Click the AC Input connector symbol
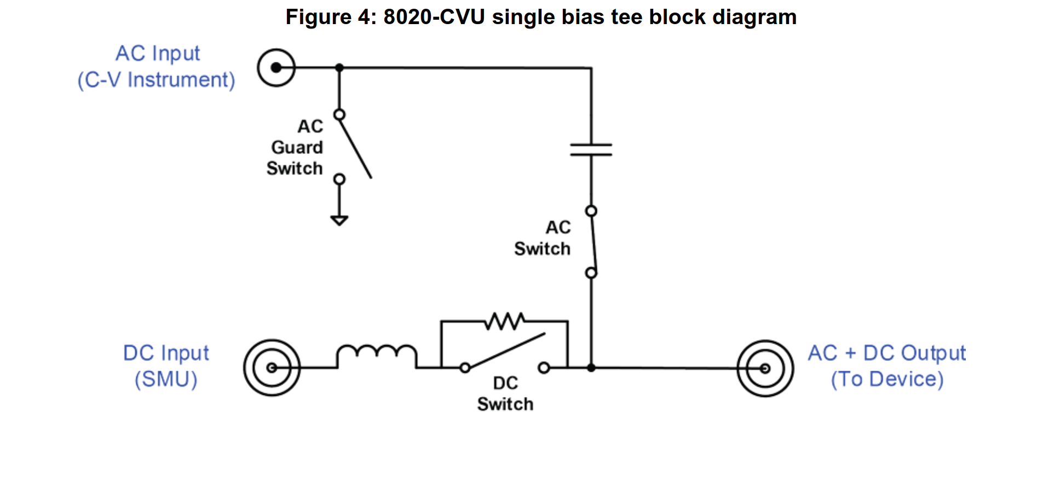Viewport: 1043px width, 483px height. [x=276, y=67]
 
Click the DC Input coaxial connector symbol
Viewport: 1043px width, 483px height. [x=272, y=367]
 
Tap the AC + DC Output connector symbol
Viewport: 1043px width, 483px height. [x=765, y=368]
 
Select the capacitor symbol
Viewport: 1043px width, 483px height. [x=591, y=150]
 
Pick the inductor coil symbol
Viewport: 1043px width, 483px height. [x=377, y=355]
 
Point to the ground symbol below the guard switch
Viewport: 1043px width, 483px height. [x=339, y=220]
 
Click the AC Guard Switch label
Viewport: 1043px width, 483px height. [x=296, y=147]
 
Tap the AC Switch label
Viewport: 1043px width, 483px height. [x=543, y=238]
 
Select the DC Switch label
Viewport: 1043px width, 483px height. [x=505, y=394]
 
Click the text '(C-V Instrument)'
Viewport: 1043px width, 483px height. [x=157, y=80]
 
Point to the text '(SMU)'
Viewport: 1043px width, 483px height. [x=166, y=379]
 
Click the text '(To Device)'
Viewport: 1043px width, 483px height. [x=887, y=379]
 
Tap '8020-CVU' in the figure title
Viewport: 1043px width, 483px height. [x=434, y=17]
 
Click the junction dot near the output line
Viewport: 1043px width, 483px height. [x=591, y=368]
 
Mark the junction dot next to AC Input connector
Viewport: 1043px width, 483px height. [x=339, y=67]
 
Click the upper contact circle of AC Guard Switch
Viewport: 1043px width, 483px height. [x=339, y=114]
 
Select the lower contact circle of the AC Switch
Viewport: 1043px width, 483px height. [x=591, y=273]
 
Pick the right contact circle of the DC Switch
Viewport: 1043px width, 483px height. [x=544, y=368]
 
